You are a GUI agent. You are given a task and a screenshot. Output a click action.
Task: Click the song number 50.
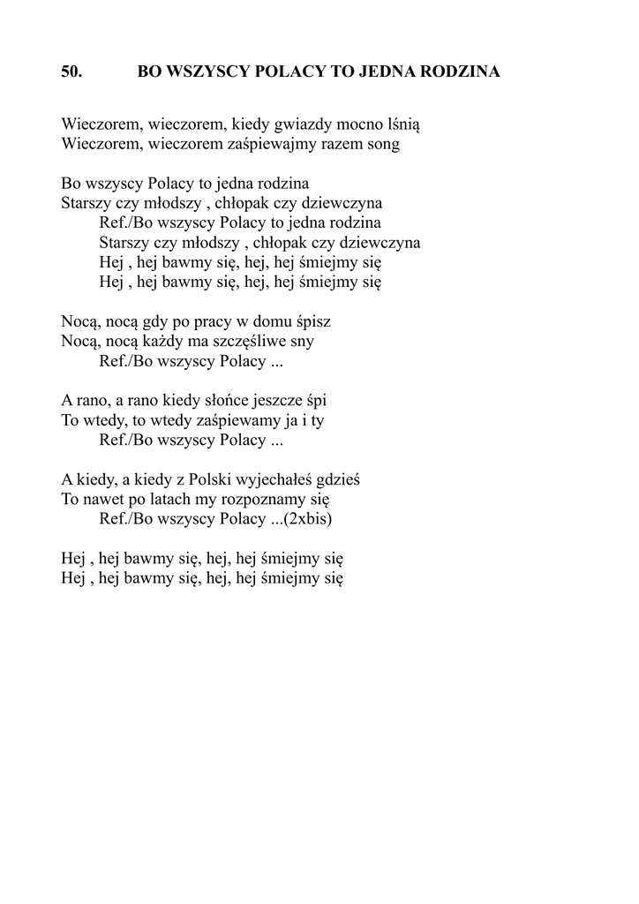(x=71, y=72)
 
